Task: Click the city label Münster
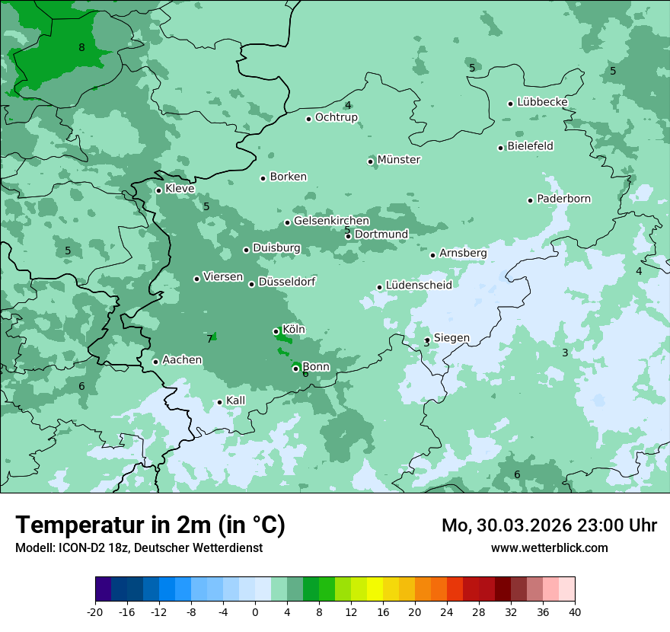(398, 160)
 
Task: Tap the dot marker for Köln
(276, 331)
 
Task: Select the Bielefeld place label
(530, 146)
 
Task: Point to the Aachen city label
(182, 360)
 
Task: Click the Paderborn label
(563, 199)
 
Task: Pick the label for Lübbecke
(542, 102)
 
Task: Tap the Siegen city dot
(427, 340)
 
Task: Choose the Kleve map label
(180, 189)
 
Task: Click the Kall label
(235, 401)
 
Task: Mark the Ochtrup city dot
(308, 119)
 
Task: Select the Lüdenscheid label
(419, 286)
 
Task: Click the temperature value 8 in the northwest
(81, 48)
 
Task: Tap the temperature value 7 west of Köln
(209, 339)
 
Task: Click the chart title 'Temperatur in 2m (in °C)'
(150, 525)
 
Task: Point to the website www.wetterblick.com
(549, 548)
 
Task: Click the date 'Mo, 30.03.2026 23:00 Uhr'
(549, 525)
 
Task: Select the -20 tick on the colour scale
(95, 612)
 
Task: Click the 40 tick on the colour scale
(575, 612)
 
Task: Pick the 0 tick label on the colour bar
(255, 612)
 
